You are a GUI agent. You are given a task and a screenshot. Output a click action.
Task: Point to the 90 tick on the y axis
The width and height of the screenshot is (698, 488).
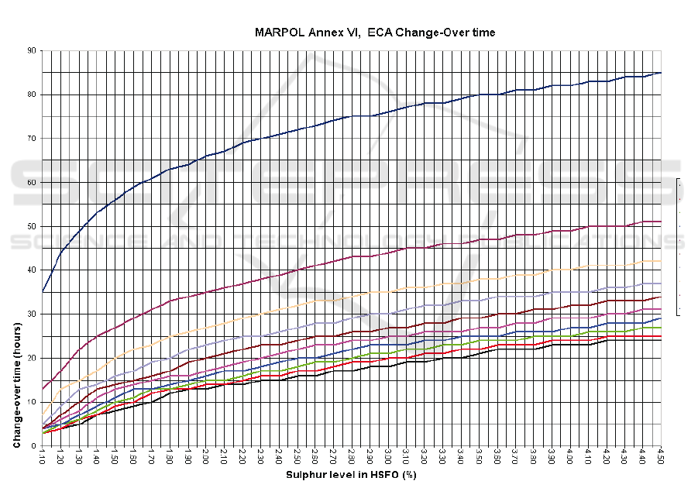pyautogui.click(x=31, y=50)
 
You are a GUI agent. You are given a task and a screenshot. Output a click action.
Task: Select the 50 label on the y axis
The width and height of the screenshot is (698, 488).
pyautogui.click(x=31, y=226)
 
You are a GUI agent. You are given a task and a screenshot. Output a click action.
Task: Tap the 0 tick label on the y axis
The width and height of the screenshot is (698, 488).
pyautogui.click(x=33, y=445)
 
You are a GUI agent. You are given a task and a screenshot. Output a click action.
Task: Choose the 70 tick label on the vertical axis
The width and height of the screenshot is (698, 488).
pyautogui.click(x=31, y=138)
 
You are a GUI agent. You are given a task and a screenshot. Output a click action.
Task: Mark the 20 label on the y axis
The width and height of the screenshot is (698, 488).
pyautogui.click(x=31, y=358)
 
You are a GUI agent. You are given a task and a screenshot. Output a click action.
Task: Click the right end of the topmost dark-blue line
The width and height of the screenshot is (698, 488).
pyautogui.click(x=661, y=73)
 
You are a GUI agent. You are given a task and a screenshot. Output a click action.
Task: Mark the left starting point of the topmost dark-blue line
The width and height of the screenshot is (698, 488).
pyautogui.click(x=43, y=291)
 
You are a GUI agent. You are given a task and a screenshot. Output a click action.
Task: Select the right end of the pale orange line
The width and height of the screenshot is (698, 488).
pyautogui.click(x=661, y=261)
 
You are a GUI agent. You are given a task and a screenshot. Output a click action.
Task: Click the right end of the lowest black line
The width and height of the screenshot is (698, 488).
pyautogui.click(x=661, y=340)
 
